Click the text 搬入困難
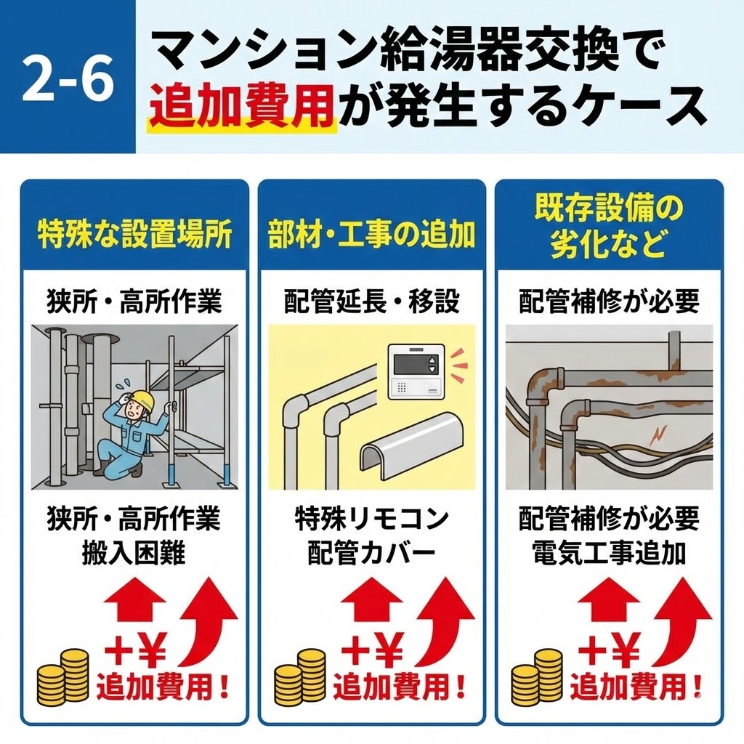[134, 554]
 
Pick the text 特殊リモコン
[372, 519]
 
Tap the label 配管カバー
[372, 554]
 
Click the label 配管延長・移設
[372, 302]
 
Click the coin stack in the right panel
[537, 676]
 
